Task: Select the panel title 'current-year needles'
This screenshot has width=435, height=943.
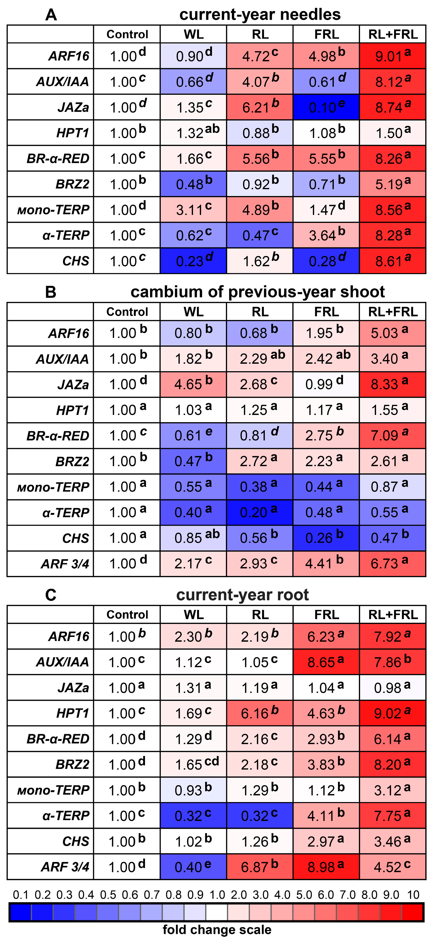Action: (260, 15)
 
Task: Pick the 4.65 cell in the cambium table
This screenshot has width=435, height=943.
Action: (193, 384)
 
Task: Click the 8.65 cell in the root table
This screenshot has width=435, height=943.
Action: (326, 662)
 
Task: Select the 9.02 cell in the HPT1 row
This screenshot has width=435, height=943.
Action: (393, 713)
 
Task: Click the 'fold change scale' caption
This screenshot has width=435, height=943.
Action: (217, 929)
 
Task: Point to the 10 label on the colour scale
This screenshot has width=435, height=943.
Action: (413, 895)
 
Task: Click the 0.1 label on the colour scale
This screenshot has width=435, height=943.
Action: (21, 895)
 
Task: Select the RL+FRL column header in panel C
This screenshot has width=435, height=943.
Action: (393, 615)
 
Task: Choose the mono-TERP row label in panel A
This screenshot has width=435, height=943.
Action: (53, 210)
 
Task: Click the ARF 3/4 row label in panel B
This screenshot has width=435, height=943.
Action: (65, 564)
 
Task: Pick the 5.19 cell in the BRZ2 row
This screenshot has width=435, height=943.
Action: (393, 184)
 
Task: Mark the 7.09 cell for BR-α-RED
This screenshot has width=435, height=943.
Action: (393, 436)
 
